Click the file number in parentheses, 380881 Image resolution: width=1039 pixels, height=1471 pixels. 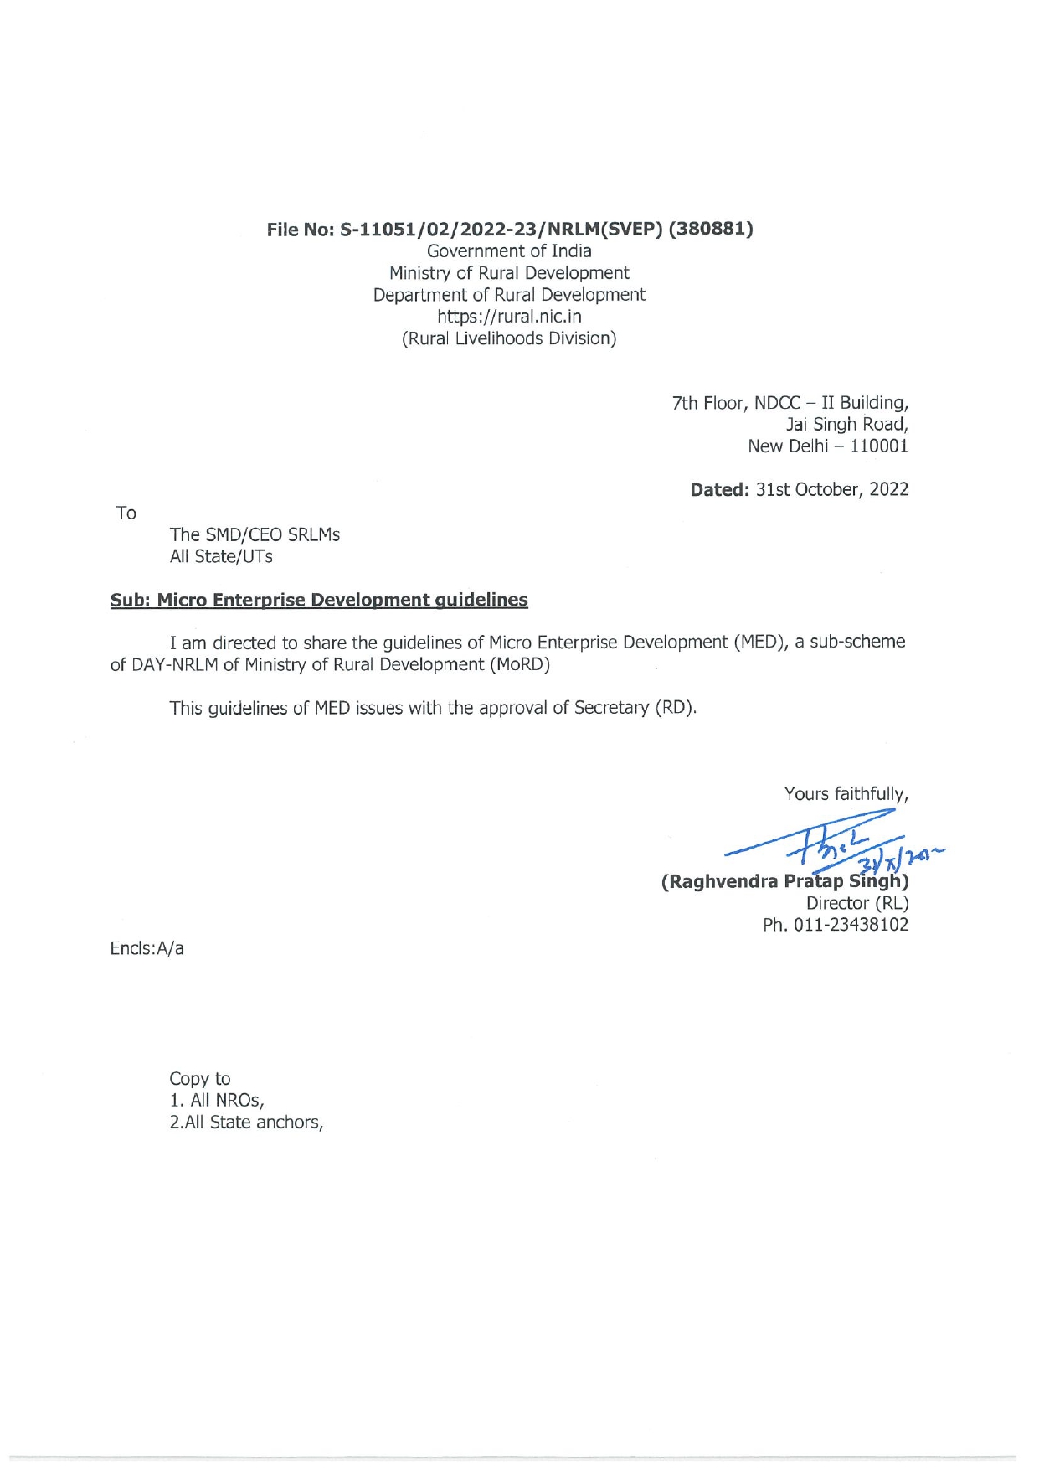[x=711, y=229]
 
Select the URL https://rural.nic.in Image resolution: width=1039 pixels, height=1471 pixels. [x=509, y=317]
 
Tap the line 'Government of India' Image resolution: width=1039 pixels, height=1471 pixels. [x=509, y=251]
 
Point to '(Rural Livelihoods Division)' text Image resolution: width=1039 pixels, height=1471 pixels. [x=509, y=338]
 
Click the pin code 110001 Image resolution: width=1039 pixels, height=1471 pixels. [x=878, y=446]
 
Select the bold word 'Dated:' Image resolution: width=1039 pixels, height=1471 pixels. [x=719, y=489]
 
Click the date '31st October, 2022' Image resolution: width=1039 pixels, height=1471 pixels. [x=831, y=489]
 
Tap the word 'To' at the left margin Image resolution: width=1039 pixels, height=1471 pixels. [x=126, y=513]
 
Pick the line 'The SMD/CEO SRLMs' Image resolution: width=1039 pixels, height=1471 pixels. [x=255, y=534]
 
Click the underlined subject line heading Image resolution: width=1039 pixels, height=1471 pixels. [x=319, y=600]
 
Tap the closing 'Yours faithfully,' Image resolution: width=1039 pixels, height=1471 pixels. [x=846, y=793]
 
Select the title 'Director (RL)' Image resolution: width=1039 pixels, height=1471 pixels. [x=856, y=903]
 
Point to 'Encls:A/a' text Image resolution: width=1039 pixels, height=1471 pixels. [x=147, y=948]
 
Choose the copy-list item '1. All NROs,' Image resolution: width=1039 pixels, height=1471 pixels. [x=217, y=1100]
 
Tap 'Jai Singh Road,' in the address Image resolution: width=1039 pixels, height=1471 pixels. [x=846, y=425]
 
